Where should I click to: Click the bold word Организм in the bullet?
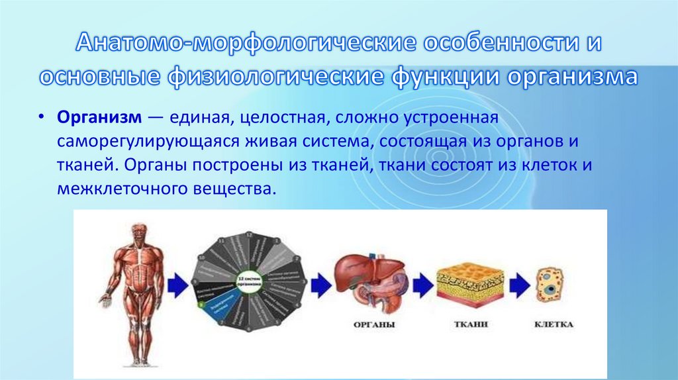click(x=98, y=117)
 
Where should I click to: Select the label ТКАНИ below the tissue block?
click(x=471, y=325)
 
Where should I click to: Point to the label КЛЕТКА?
click(x=553, y=325)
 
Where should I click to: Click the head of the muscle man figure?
click(x=139, y=232)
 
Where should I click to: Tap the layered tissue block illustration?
click(x=470, y=281)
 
